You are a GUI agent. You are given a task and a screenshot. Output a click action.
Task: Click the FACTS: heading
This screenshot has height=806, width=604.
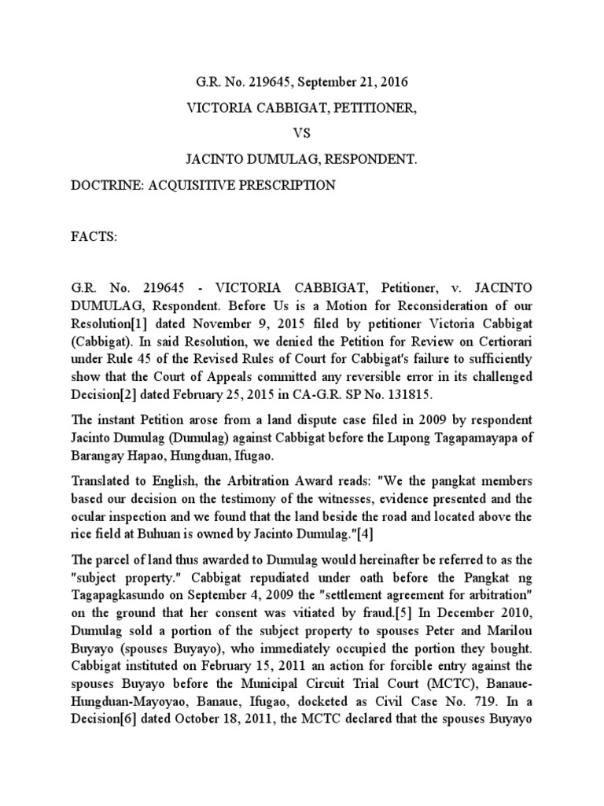(94, 236)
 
